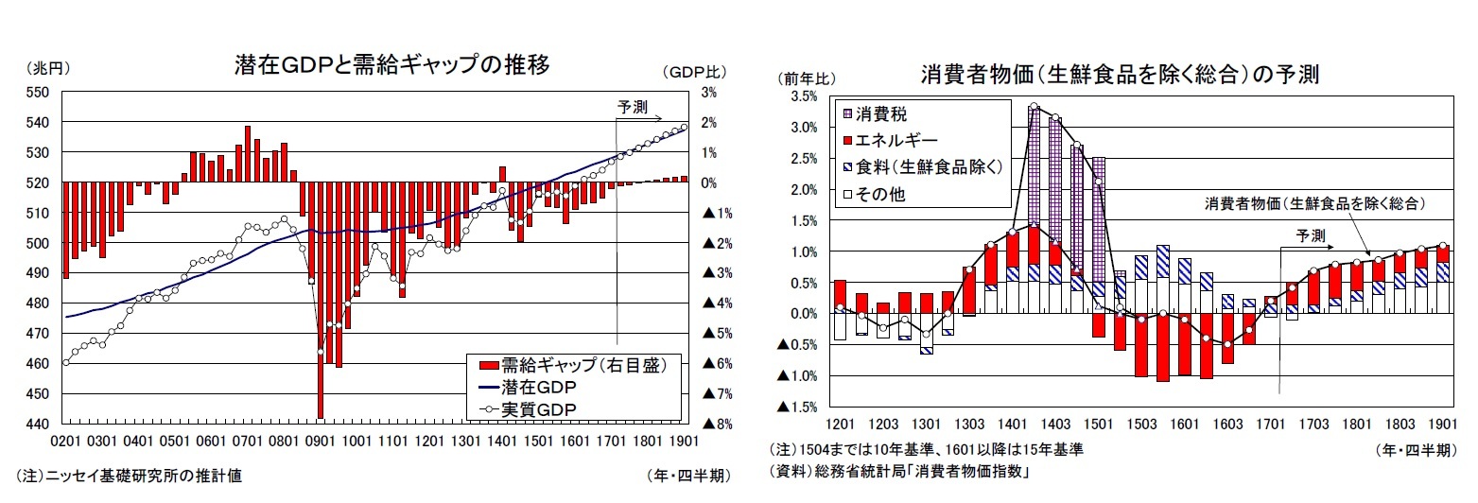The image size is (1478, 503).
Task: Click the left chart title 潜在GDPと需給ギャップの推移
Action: [391, 65]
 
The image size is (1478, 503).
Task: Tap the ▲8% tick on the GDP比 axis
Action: [715, 425]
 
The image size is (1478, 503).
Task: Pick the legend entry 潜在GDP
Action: [539, 388]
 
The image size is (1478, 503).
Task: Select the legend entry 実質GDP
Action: [539, 408]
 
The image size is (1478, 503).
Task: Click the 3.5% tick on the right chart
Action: [802, 96]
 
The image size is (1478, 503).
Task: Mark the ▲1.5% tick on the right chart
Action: [796, 408]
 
